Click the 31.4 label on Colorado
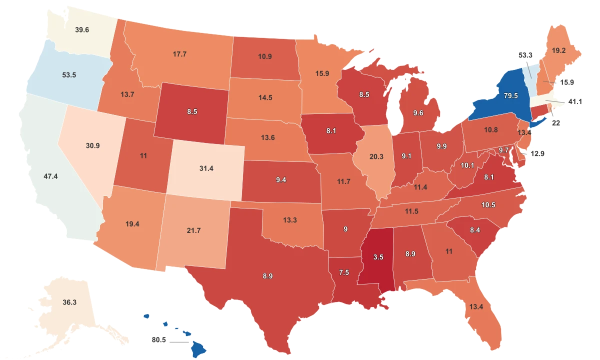(206, 168)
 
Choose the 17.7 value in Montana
(179, 54)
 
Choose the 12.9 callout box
(537, 153)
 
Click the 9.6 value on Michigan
(417, 113)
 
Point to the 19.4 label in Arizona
(132, 224)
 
